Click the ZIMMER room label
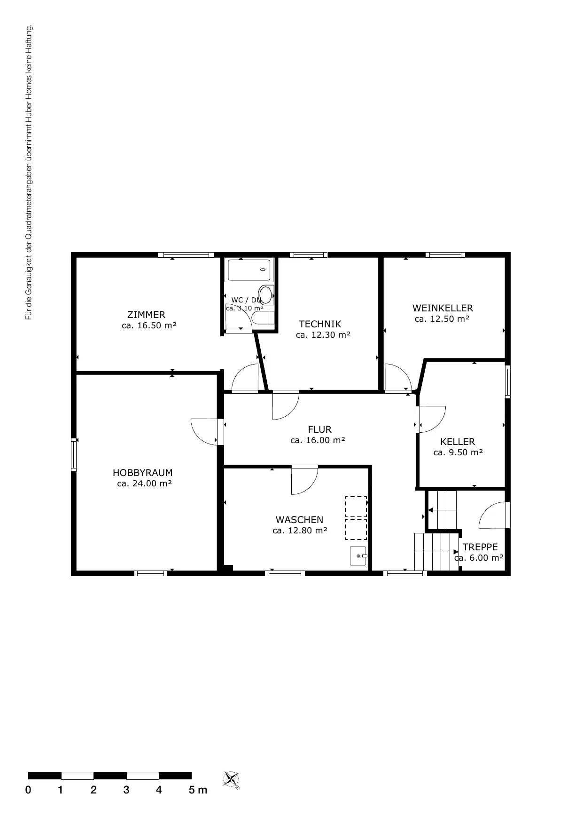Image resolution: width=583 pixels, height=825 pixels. [x=146, y=315]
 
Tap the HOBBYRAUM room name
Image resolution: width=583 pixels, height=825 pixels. [x=142, y=473]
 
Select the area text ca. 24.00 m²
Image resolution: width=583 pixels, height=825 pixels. [x=144, y=484]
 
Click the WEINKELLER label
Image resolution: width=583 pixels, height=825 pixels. [x=443, y=308]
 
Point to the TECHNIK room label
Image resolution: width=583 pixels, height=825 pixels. [x=320, y=324]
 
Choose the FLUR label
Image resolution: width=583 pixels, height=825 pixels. [x=319, y=429]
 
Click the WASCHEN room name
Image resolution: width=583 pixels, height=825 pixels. [x=299, y=520]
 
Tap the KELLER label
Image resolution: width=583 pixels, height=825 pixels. [x=458, y=442]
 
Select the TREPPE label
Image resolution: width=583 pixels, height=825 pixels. [x=480, y=547]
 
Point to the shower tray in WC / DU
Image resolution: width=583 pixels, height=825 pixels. [x=249, y=270]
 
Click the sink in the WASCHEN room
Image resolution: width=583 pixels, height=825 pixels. [x=358, y=556]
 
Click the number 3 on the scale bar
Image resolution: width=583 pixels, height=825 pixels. [x=126, y=790]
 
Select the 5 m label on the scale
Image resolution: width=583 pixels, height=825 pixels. [x=198, y=790]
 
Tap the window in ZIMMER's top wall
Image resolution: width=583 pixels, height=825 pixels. [x=186, y=255]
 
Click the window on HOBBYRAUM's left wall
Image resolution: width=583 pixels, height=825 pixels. [x=74, y=454]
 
